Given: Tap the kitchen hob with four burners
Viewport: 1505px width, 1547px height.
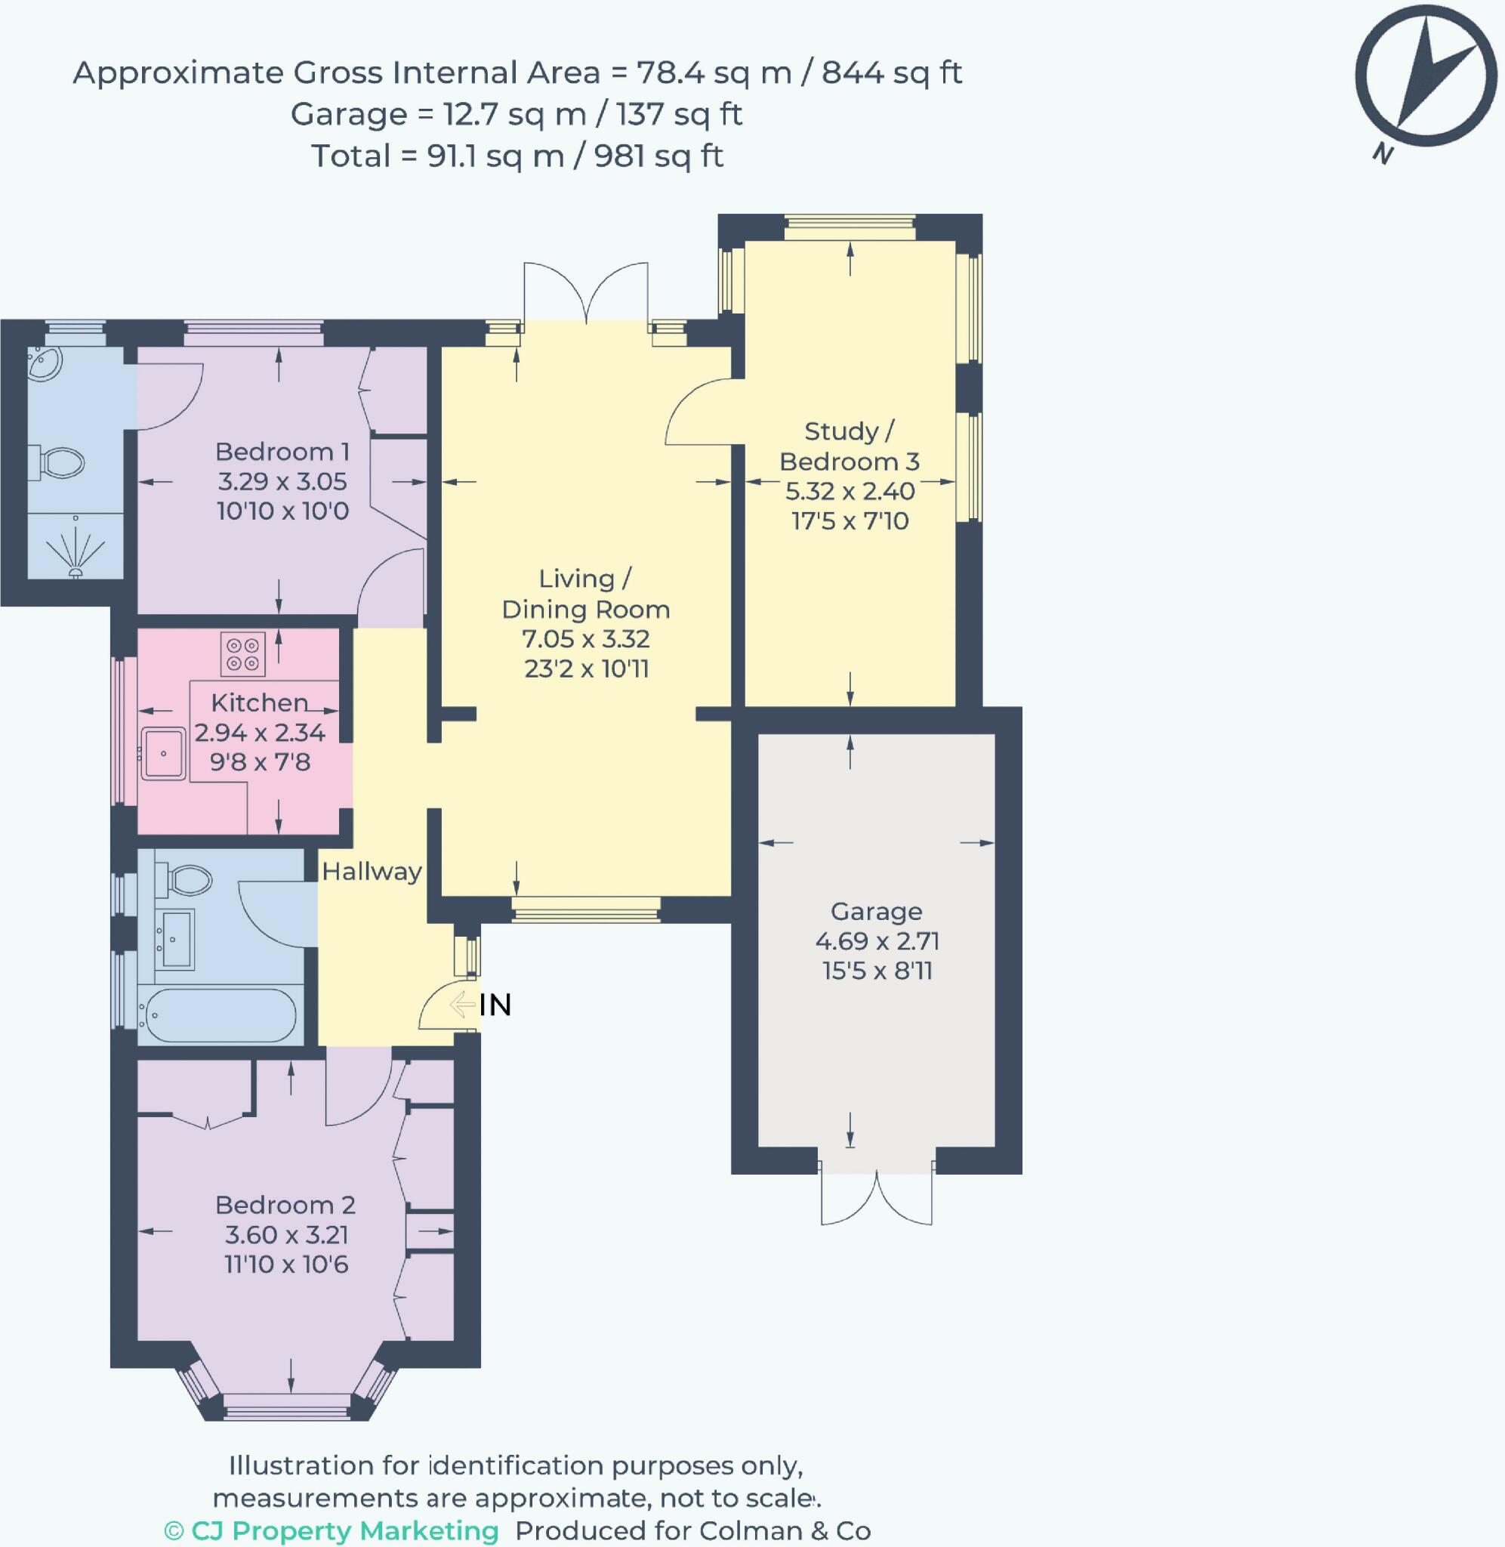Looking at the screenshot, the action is [242, 655].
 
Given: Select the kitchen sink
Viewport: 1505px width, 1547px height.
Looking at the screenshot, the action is [164, 753].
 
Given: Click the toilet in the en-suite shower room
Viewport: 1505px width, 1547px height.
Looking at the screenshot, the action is [56, 462].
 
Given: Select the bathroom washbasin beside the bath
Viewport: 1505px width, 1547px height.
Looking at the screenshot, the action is [175, 939].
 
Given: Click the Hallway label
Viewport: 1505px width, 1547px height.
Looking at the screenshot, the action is [372, 871].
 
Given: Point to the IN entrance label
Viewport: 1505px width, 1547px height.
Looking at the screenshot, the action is [495, 1005].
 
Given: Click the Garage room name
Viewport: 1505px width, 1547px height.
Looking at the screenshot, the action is [876, 912].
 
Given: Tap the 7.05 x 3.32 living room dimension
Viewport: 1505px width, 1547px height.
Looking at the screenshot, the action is [586, 638].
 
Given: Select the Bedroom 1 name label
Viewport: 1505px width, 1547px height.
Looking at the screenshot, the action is [282, 452].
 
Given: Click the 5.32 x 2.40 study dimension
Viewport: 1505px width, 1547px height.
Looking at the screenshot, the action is [850, 491].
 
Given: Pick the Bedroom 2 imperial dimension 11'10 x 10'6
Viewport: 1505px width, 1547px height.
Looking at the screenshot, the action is [286, 1264].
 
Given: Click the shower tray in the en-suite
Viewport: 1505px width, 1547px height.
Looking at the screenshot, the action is [76, 545].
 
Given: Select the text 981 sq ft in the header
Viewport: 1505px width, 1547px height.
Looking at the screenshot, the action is [658, 156].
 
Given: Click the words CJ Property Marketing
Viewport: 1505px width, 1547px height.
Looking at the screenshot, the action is [344, 1530].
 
